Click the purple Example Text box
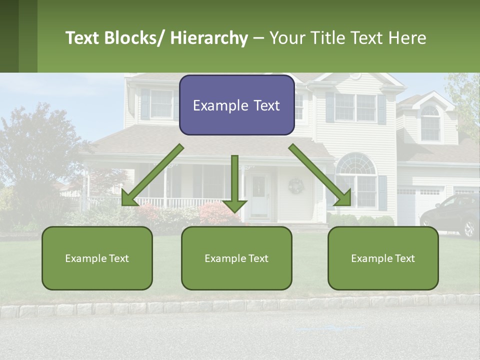pyautogui.click(x=236, y=105)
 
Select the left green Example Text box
pyautogui.click(x=97, y=258)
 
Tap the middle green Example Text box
pyautogui.click(x=236, y=258)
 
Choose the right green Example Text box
pyautogui.click(x=383, y=258)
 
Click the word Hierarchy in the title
pyautogui.click(x=208, y=38)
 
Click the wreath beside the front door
pyautogui.click(x=296, y=186)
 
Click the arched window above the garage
pyautogui.click(x=430, y=123)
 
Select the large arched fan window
pyautogui.click(x=356, y=165)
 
